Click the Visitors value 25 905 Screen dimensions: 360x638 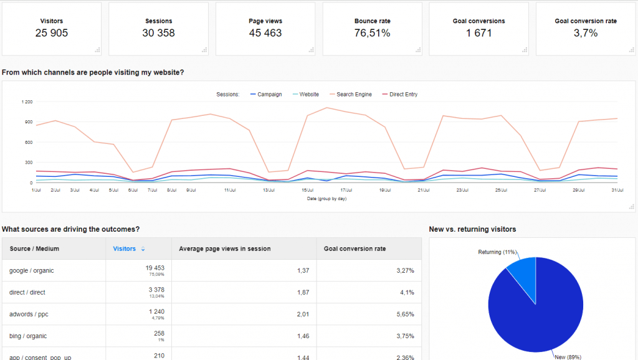(52, 33)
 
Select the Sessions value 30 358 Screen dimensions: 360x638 (158, 33)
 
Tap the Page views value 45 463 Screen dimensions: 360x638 (265, 33)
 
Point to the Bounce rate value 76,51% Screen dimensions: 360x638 (373, 33)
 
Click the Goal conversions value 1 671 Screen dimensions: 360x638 (478, 33)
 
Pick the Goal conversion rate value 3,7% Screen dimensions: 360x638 (586, 33)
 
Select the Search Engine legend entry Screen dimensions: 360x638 (354, 95)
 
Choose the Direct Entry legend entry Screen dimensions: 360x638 (403, 95)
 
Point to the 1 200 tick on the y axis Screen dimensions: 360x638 (27, 102)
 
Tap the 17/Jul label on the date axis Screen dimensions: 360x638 (346, 190)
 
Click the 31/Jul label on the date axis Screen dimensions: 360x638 (617, 190)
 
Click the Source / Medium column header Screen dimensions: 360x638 (34, 249)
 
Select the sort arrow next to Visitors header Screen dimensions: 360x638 (143, 249)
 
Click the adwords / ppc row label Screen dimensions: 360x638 (29, 314)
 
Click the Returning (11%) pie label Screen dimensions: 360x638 (497, 252)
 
